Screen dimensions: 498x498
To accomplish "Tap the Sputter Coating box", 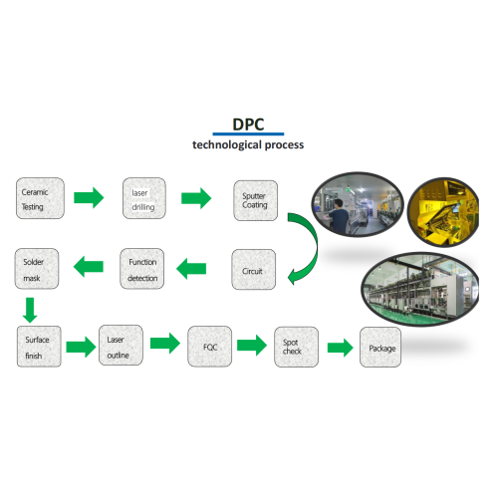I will pyautogui.click(x=255, y=199).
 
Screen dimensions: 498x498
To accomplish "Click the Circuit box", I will pyautogui.click(x=253, y=269).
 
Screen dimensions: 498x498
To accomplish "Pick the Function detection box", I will pyautogui.click(x=142, y=269).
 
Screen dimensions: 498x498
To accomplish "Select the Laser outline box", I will pyautogui.click(x=121, y=346).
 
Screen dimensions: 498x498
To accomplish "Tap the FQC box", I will pyautogui.click(x=209, y=347).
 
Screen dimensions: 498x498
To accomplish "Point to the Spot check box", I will pyautogui.click(x=293, y=347).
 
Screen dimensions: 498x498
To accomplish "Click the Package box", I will pyautogui.click(x=381, y=349).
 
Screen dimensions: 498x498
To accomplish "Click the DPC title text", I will pyautogui.click(x=248, y=124).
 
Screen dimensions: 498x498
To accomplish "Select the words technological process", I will pyautogui.click(x=248, y=145).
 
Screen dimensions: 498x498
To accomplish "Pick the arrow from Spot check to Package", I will pyautogui.click(x=341, y=349).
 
